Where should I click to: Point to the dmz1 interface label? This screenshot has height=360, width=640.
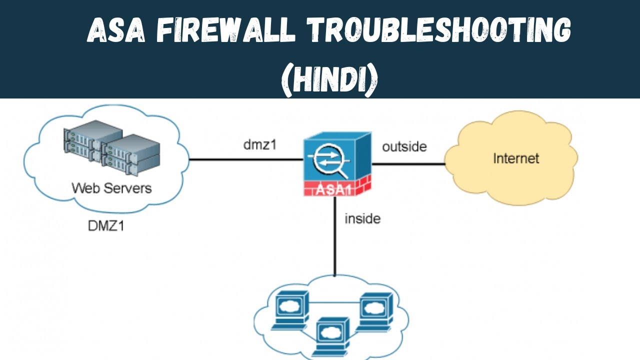(259, 145)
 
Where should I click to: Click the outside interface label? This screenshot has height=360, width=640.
(404, 146)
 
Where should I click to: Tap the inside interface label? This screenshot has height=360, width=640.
(362, 218)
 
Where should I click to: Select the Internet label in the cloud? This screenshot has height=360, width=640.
(516, 158)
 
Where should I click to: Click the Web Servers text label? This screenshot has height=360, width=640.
(111, 188)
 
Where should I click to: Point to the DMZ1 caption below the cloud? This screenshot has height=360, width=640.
(105, 225)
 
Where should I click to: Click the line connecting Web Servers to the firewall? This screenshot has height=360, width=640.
(245, 160)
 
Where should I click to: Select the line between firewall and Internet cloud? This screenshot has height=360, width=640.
(407, 163)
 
